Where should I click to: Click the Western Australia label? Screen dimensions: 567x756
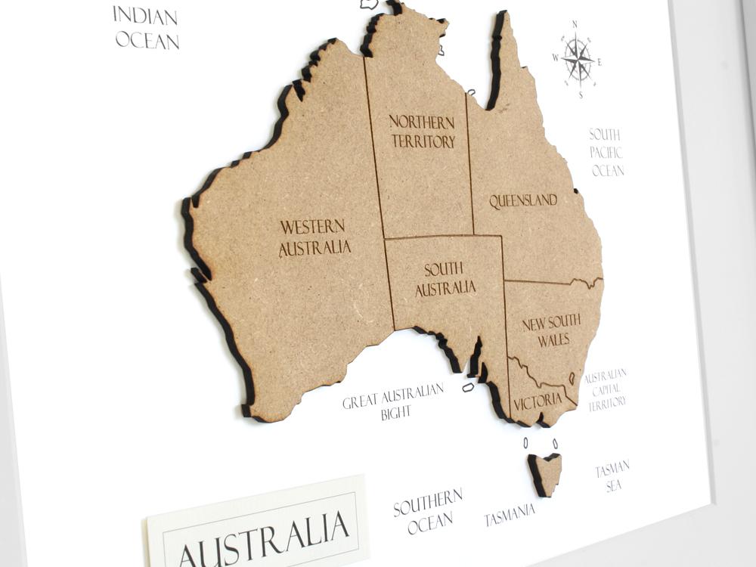click(314, 237)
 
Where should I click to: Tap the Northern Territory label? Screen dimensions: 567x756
click(423, 132)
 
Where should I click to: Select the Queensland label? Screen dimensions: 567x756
click(523, 201)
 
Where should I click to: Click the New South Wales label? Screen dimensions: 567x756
click(552, 330)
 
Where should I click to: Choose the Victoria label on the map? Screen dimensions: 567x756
click(538, 401)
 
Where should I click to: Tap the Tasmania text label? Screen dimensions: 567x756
click(510, 516)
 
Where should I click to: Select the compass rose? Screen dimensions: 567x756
click(578, 60)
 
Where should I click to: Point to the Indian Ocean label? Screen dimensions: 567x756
click(147, 27)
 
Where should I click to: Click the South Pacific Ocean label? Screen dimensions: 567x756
click(606, 153)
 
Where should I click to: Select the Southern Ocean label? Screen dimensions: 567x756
click(428, 511)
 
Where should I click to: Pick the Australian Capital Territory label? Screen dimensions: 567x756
click(606, 389)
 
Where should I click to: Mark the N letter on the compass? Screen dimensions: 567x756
click(575, 24)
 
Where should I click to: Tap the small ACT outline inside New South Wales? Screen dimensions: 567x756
click(572, 378)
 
